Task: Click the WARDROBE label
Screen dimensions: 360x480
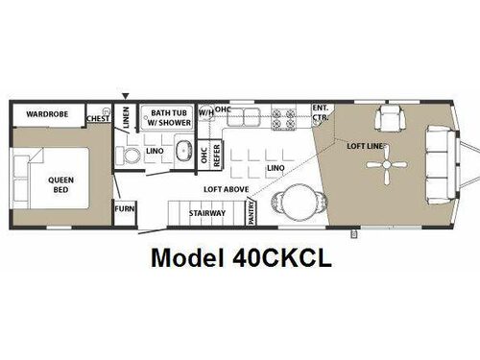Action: tap(44, 113)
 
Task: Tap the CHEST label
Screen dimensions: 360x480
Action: tap(97, 119)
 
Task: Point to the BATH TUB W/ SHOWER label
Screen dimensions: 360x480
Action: tap(168, 117)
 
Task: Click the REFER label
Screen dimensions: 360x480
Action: tap(218, 155)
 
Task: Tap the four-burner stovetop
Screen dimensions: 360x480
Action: tap(286, 119)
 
